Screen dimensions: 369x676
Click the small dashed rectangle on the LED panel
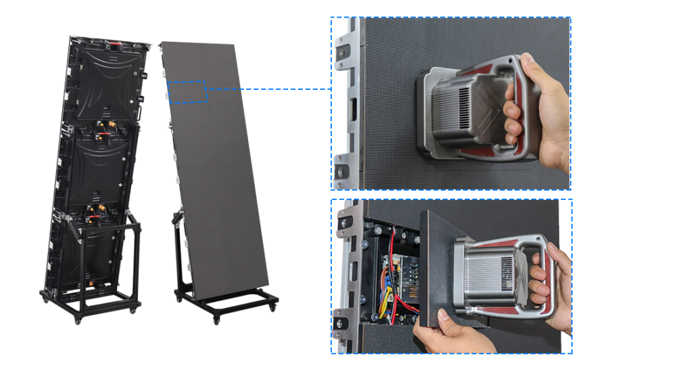click(187, 91)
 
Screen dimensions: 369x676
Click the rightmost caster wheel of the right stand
click(272, 306)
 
